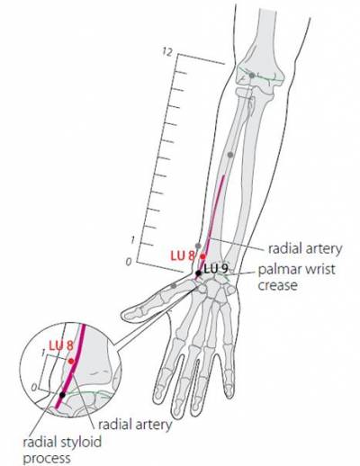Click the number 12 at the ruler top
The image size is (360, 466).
click(167, 52)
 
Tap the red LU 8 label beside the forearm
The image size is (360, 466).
click(183, 255)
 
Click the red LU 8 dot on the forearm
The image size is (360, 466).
click(202, 256)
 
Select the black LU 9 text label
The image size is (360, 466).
click(215, 269)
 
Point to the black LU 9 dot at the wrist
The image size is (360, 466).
click(198, 273)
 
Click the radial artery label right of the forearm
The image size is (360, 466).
click(305, 248)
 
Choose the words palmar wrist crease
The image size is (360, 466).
click(296, 277)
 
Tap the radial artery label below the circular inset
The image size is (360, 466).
click(135, 425)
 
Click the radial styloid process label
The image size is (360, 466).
click(62, 450)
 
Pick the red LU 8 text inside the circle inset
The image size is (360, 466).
click(61, 345)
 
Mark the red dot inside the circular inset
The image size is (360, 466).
click(71, 362)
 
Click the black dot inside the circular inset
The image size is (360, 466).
click(62, 395)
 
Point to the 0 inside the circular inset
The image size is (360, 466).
click(34, 388)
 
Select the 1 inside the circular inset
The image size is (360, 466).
click(44, 353)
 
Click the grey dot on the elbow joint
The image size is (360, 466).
click(252, 76)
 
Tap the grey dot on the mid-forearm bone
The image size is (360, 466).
click(230, 155)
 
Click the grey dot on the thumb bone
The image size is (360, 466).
click(174, 286)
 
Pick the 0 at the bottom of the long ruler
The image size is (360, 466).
click(129, 262)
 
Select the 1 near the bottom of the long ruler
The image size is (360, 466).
click(132, 240)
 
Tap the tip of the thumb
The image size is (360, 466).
click(121, 315)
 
